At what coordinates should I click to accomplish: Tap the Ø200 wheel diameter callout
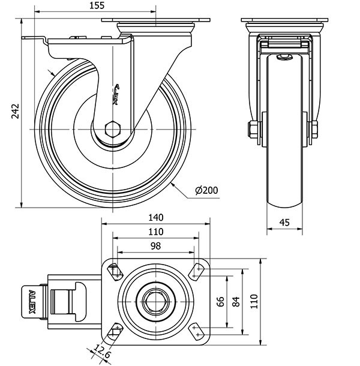206,191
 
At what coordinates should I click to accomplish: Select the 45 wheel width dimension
284,223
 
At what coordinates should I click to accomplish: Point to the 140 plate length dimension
156,217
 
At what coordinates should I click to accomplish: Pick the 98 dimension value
156,246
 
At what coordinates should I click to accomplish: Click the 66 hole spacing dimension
220,302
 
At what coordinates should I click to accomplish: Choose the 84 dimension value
235,302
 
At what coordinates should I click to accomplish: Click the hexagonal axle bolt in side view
112,129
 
